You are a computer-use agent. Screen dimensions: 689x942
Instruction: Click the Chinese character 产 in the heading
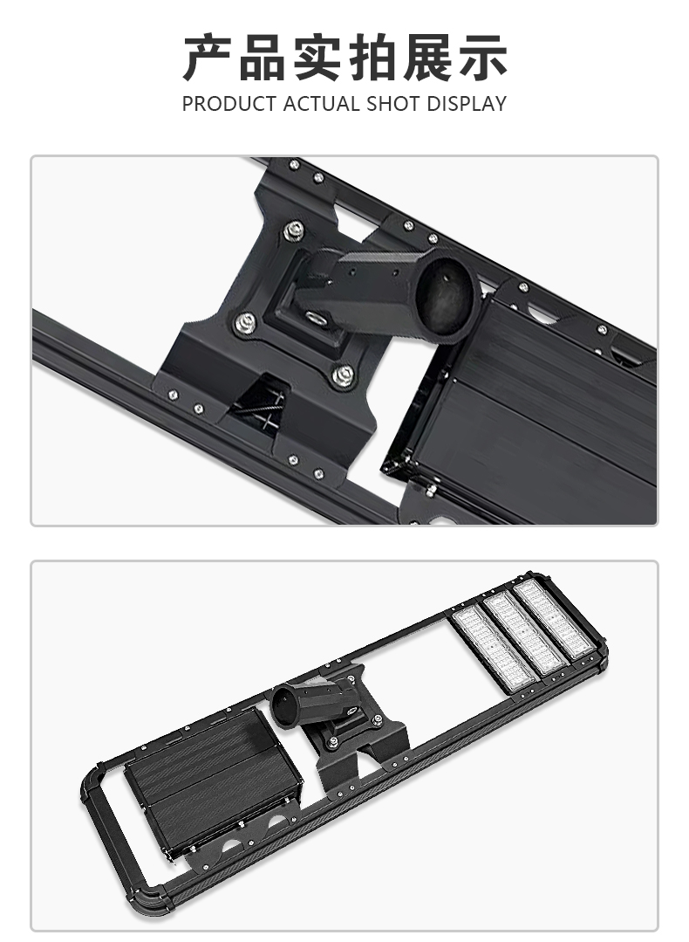click(x=208, y=58)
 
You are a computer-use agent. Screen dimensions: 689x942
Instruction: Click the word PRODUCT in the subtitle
click(x=228, y=104)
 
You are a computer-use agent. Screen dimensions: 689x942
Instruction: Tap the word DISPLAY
click(x=467, y=104)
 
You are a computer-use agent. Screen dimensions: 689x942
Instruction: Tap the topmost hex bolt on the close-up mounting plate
click(x=294, y=230)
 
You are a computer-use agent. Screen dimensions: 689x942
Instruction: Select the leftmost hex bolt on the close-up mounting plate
click(x=244, y=323)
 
